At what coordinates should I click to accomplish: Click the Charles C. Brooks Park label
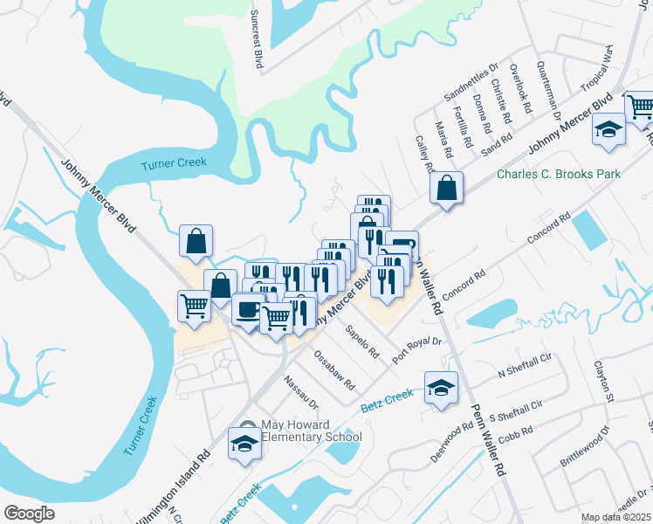[559, 174]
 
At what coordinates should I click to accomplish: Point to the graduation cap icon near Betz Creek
[442, 388]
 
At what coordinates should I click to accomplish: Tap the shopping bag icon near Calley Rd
[446, 189]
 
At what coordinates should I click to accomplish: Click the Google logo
[29, 514]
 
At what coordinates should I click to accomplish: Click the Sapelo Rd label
[362, 343]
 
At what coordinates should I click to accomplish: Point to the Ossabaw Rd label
[334, 371]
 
